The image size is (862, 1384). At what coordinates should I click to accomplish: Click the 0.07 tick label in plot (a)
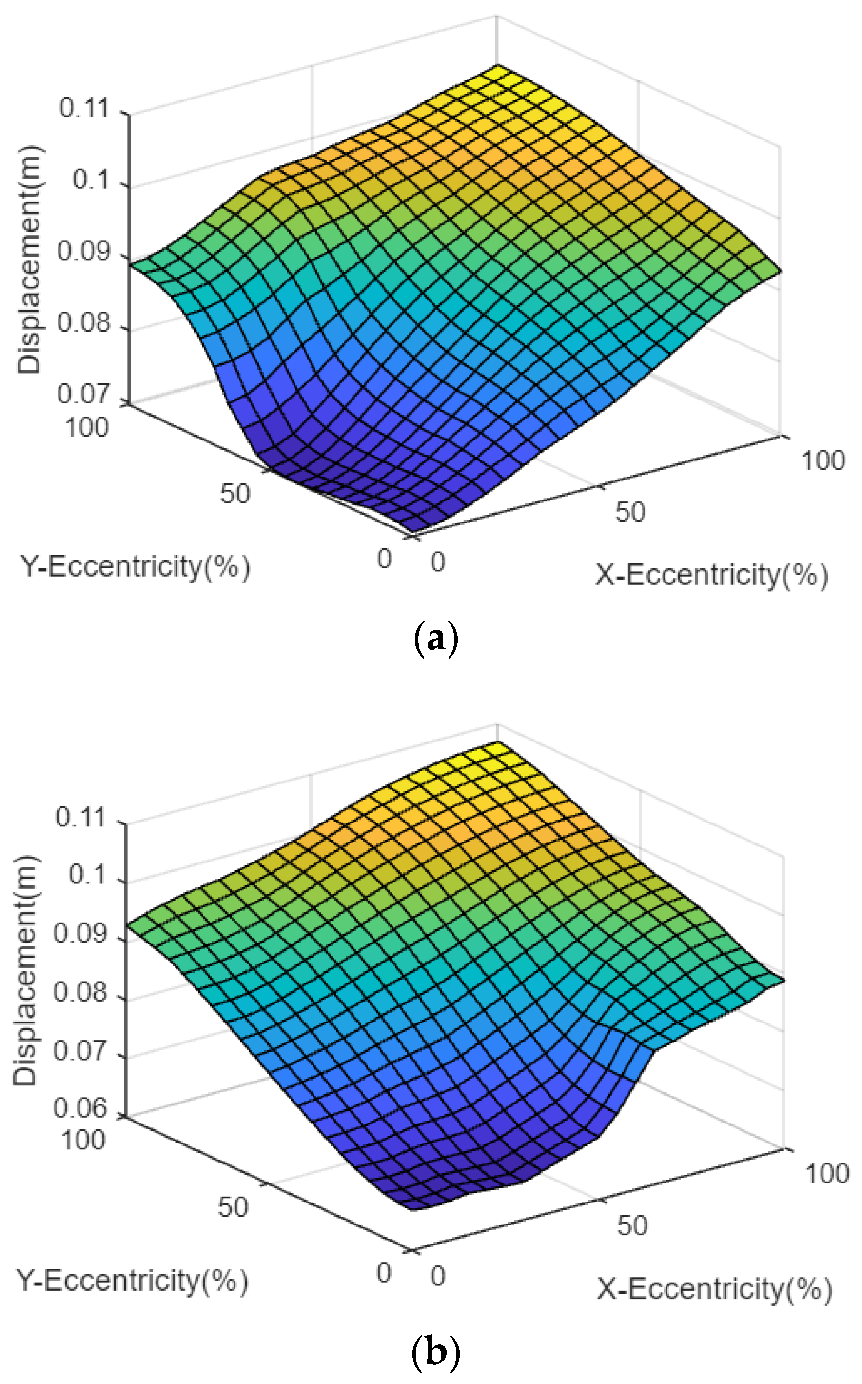tap(83, 395)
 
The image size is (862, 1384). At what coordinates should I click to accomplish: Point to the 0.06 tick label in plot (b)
tap(80, 1108)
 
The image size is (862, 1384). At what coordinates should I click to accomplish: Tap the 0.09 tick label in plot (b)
tap(80, 934)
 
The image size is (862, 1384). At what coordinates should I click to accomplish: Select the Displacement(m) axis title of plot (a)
tap(30, 260)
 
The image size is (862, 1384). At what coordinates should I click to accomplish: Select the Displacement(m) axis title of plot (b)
tap(26, 969)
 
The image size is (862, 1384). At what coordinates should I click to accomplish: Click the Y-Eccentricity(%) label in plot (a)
tap(135, 567)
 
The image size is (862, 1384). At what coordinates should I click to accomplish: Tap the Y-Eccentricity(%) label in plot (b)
tap(132, 1281)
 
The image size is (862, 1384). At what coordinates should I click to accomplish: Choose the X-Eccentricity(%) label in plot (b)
tap(714, 1289)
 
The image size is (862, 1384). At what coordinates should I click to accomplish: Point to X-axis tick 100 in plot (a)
tap(823, 460)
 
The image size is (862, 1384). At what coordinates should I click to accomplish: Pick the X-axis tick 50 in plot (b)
tap(632, 1225)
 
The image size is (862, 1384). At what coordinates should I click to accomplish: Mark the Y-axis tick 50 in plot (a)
tap(235, 494)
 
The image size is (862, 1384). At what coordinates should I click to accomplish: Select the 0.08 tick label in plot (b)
tap(80, 993)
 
